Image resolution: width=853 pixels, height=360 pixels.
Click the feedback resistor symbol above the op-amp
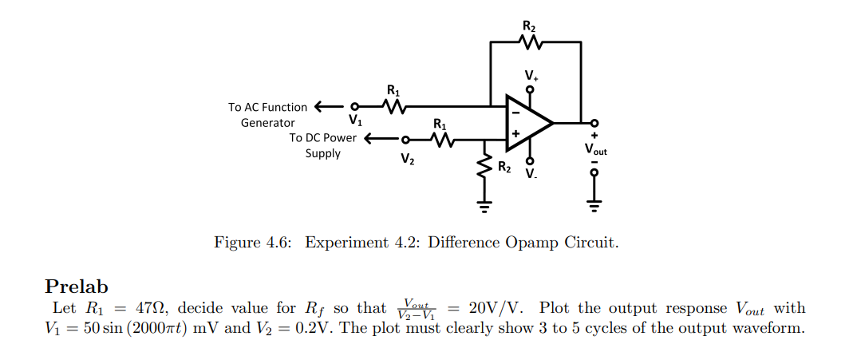click(530, 42)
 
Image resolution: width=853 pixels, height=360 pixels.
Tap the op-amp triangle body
click(525, 123)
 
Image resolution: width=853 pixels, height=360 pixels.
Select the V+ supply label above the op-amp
click(531, 75)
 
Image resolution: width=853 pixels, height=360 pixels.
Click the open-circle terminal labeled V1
click(356, 105)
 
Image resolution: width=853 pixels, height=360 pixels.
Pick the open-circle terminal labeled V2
click(405, 138)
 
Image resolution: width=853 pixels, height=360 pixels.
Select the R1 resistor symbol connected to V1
click(393, 105)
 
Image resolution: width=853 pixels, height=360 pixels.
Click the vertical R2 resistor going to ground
click(484, 167)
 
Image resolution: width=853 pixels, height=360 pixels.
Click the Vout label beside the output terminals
click(595, 148)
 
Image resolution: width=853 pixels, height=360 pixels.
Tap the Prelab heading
click(77, 287)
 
